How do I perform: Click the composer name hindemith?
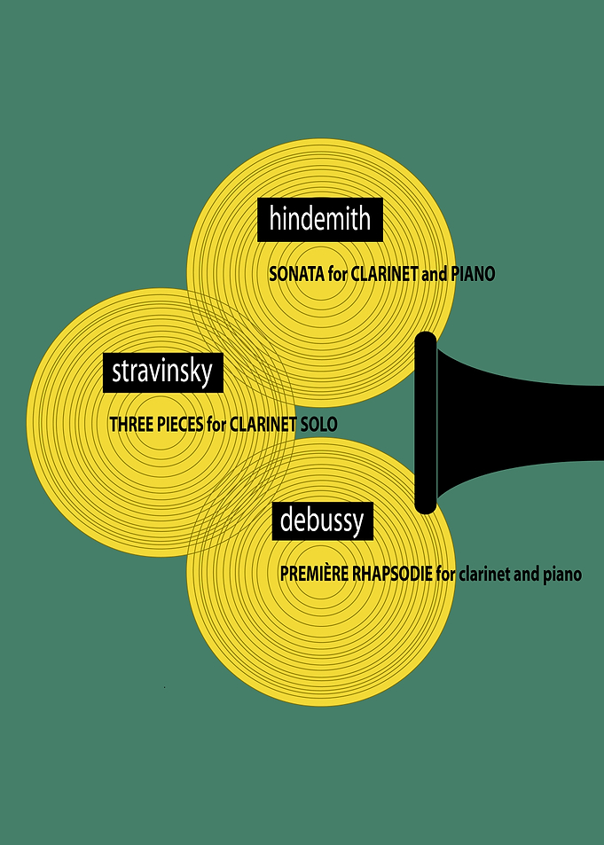point(320,219)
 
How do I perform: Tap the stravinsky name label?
point(163,372)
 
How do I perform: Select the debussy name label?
point(323,521)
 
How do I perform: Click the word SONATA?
point(296,274)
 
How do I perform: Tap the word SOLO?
point(318,425)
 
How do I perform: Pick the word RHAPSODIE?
point(392,574)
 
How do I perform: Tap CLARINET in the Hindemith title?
point(384,274)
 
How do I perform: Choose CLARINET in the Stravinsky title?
point(263,425)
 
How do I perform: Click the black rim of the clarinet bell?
point(426,422)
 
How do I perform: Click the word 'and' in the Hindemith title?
point(434,274)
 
